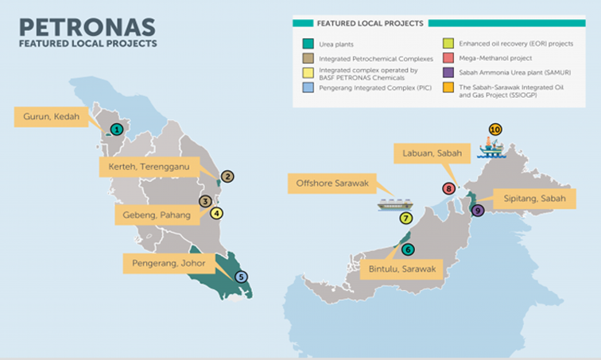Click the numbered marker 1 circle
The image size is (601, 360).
116,129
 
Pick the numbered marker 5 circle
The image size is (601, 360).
242,277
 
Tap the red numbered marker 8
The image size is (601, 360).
449,189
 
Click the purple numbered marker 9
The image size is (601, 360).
477,211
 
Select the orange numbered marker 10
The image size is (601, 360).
495,129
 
